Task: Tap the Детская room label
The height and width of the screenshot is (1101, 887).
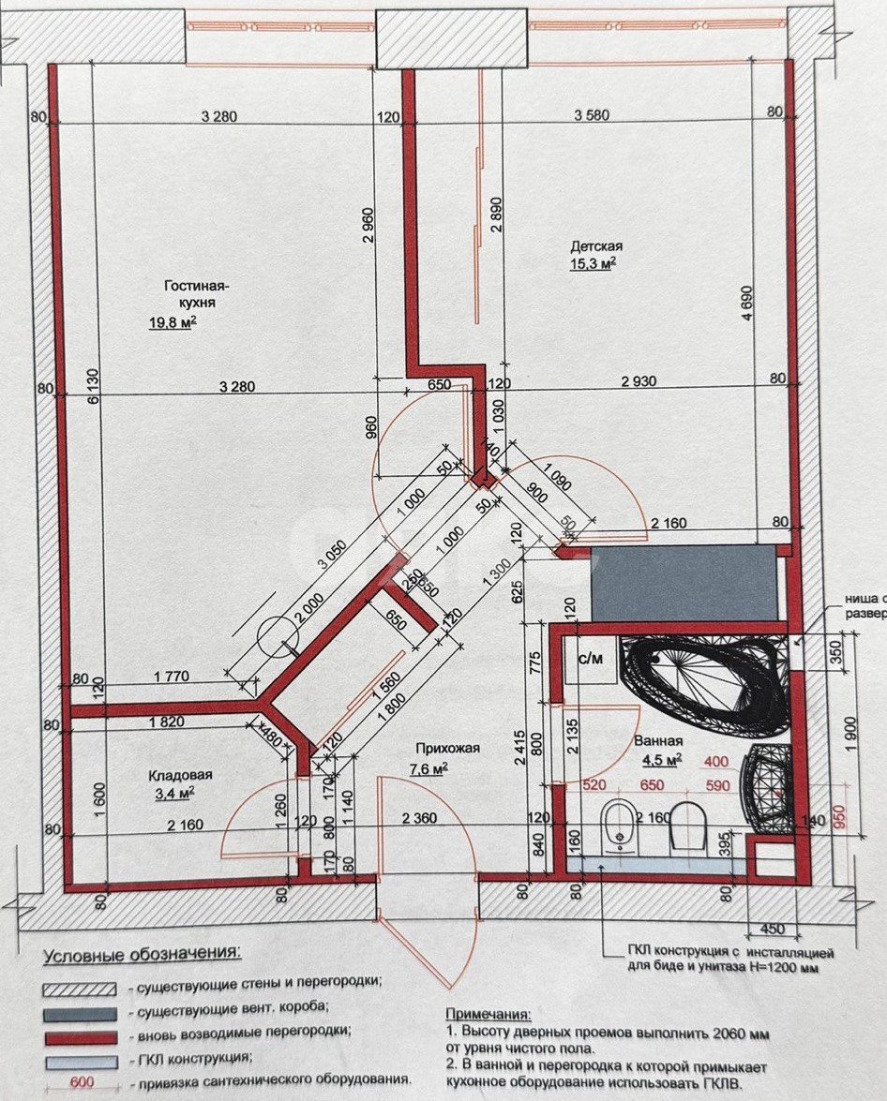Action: (596, 246)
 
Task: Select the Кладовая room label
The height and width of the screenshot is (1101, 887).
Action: (180, 775)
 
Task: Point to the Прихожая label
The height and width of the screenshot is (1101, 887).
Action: (448, 747)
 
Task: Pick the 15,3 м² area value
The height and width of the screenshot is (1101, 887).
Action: (593, 264)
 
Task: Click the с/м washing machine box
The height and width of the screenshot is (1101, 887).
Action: (590, 658)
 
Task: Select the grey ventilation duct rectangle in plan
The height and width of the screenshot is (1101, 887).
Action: (684, 583)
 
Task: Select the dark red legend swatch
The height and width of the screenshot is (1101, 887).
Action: (80, 1037)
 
